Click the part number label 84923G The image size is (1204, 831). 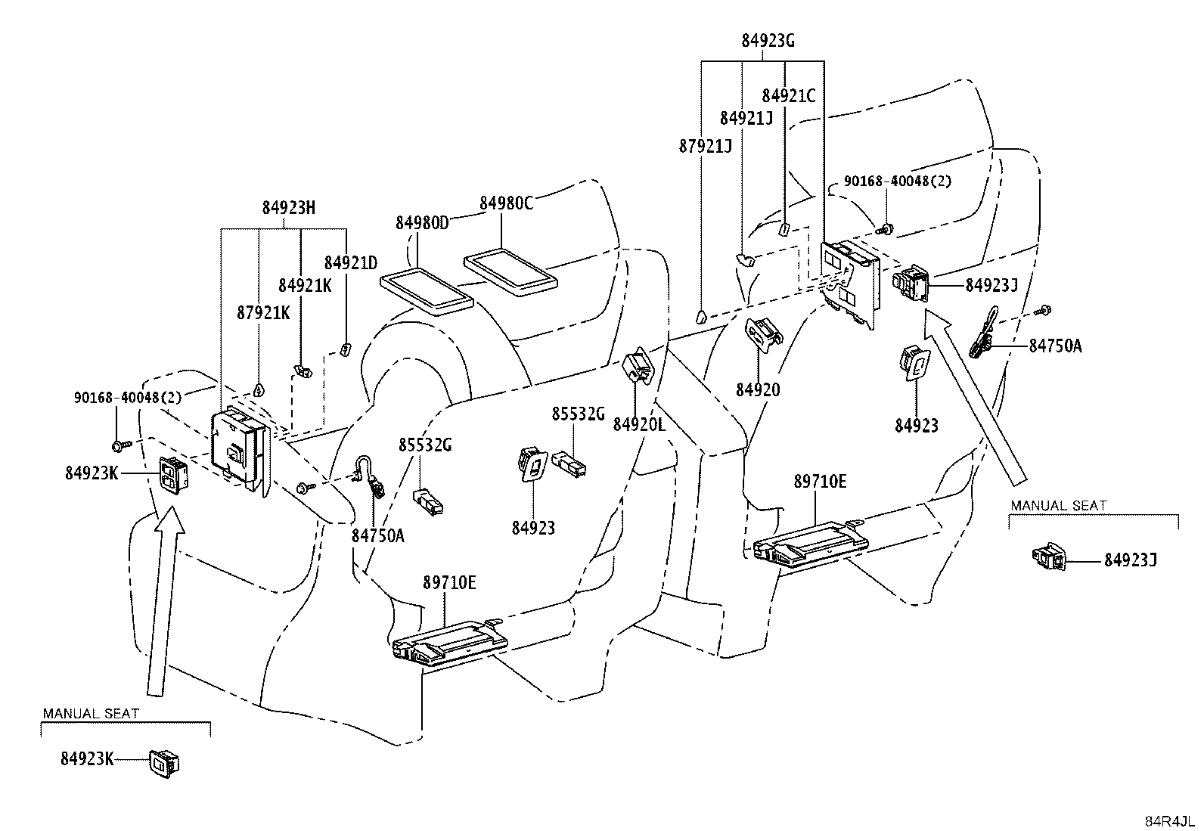tap(768, 41)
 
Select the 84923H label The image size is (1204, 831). tap(289, 207)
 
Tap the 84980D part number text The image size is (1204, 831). tap(422, 222)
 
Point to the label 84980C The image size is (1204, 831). tap(506, 203)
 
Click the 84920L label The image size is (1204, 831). tap(639, 425)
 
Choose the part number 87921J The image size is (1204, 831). tap(705, 146)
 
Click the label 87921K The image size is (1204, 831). tap(263, 313)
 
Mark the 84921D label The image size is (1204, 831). tap(350, 263)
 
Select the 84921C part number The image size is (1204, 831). tap(789, 96)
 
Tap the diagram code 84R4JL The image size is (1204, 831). tap(1170, 821)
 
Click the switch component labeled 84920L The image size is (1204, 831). tap(638, 365)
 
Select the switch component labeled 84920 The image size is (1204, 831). tap(763, 333)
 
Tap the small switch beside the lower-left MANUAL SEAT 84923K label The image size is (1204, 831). tap(164, 764)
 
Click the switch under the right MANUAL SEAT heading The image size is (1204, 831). tap(1049, 559)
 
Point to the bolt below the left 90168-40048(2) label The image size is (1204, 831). tap(120, 445)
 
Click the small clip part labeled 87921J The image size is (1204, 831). tap(700, 316)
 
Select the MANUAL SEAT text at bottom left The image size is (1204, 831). tap(91, 713)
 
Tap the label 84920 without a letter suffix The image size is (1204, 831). tap(757, 390)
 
